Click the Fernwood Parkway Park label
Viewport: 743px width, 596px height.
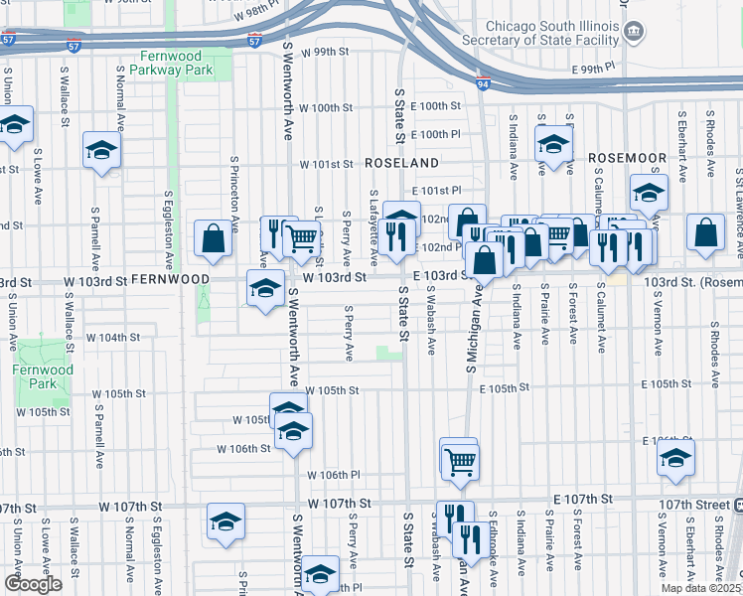(177, 63)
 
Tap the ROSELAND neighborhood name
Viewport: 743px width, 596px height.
(401, 162)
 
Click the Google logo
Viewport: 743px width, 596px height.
(33, 584)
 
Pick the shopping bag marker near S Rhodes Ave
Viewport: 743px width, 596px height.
(704, 232)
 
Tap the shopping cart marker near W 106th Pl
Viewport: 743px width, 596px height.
(459, 460)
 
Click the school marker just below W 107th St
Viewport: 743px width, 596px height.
(225, 521)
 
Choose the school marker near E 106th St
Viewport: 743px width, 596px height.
(675, 457)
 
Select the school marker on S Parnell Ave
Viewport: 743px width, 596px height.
(101, 150)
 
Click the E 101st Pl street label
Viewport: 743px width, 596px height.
(437, 190)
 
